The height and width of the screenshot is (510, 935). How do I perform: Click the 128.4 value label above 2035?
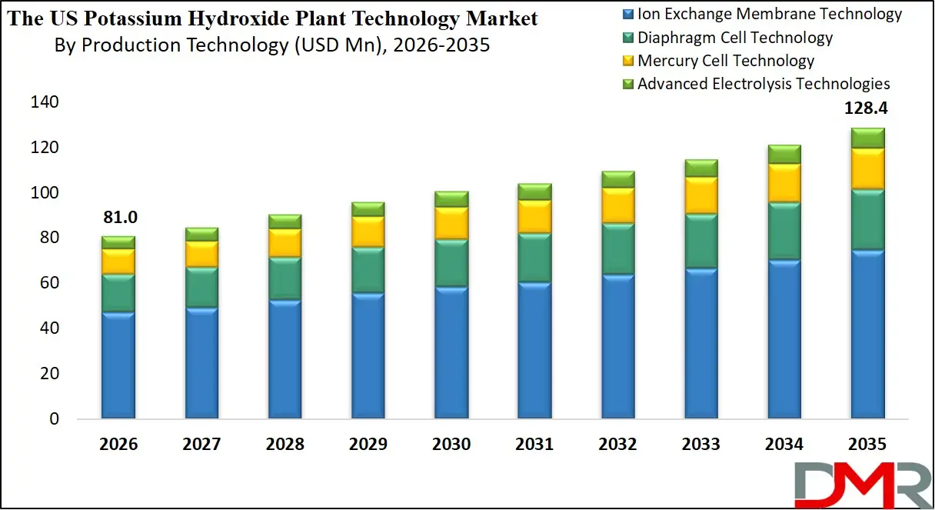866,109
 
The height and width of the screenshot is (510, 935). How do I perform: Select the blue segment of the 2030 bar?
451,352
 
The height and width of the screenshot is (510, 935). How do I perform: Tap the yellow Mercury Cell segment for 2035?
867,168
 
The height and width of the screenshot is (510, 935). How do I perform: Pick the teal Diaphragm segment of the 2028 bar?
284,278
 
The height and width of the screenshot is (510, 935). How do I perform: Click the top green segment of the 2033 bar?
701,168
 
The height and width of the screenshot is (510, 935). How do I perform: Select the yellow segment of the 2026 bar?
118,261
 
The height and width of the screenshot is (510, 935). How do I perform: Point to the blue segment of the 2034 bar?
784,338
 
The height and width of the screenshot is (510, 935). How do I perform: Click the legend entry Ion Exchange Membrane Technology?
769,14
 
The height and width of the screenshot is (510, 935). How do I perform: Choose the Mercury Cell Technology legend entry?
725,60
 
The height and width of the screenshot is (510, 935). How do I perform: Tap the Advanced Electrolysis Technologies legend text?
763,83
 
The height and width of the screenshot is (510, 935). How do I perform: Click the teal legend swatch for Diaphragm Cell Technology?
627,38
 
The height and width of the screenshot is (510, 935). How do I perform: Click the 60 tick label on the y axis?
48,283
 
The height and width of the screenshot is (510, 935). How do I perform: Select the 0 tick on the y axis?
53,419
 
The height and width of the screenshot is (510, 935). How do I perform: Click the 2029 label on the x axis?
368,445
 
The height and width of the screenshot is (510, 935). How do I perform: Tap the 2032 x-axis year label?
617,445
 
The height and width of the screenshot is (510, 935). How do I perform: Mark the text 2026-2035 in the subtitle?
441,45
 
